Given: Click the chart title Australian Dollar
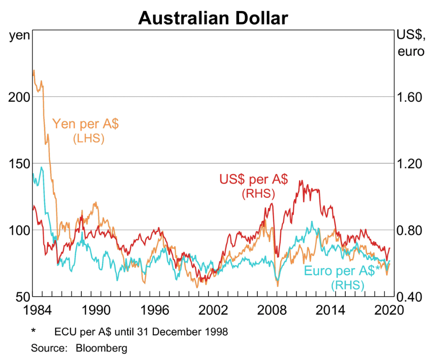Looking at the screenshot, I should (x=213, y=18).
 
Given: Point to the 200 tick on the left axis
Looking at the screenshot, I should (x=19, y=97).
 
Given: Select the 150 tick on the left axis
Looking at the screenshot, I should (x=19, y=164).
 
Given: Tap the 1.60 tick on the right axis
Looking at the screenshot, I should (x=409, y=97).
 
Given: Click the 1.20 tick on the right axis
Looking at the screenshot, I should (x=409, y=164).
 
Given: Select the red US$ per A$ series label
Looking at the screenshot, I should (x=253, y=180).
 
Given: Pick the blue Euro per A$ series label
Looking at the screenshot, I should (x=342, y=271).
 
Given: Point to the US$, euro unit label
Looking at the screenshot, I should (x=410, y=43).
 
